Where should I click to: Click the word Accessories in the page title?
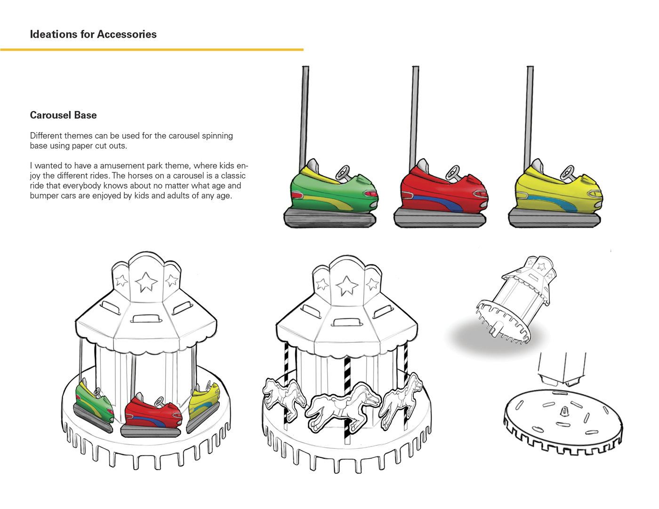tap(127, 34)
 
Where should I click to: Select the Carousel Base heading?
tap(63, 115)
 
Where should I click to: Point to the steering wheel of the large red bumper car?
tap(453, 171)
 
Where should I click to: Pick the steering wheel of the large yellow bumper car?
tap(568, 171)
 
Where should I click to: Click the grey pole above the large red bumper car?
tap(415, 113)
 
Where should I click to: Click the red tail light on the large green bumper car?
tap(371, 194)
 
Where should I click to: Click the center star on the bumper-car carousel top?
tap(146, 282)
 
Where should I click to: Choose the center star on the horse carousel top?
tap(347, 285)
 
